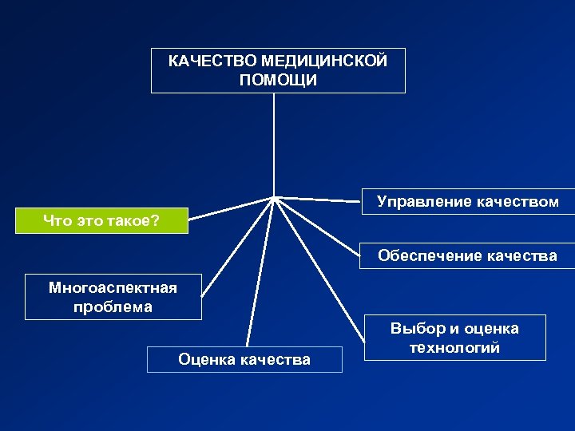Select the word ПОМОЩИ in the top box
(277, 81)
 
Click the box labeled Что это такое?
(101, 221)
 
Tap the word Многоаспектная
(113, 287)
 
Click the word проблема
(113, 306)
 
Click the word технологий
(454, 347)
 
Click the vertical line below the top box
(274, 144)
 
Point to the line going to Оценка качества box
(260, 271)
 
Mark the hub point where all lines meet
(275, 196)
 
